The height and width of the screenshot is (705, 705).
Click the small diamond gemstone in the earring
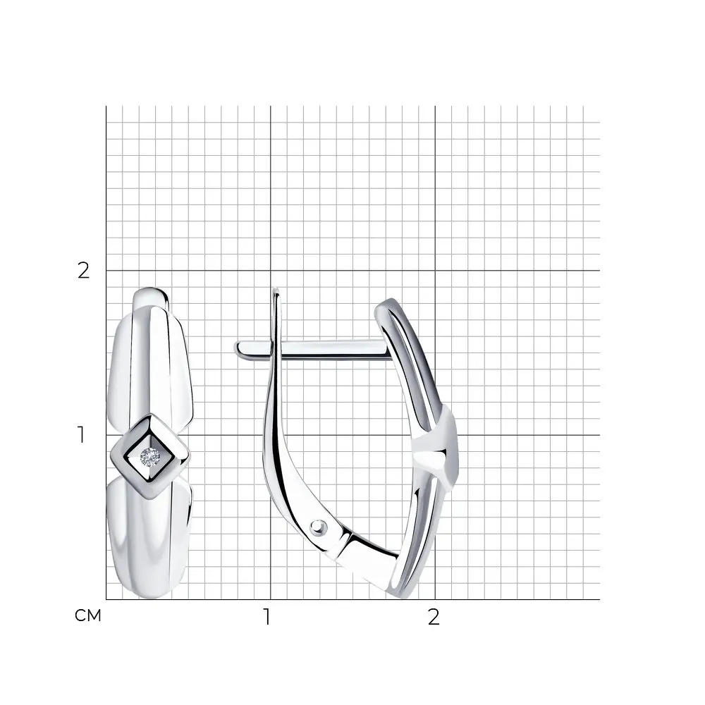(x=149, y=458)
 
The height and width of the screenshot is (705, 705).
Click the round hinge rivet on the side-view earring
(x=319, y=527)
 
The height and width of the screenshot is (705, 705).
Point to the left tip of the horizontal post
(x=235, y=347)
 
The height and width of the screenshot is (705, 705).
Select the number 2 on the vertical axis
(x=84, y=271)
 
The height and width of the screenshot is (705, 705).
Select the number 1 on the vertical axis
(x=81, y=435)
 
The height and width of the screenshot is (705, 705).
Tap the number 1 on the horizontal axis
(x=267, y=617)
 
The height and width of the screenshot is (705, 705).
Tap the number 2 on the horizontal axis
(x=434, y=617)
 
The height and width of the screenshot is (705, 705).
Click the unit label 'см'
(x=88, y=615)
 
